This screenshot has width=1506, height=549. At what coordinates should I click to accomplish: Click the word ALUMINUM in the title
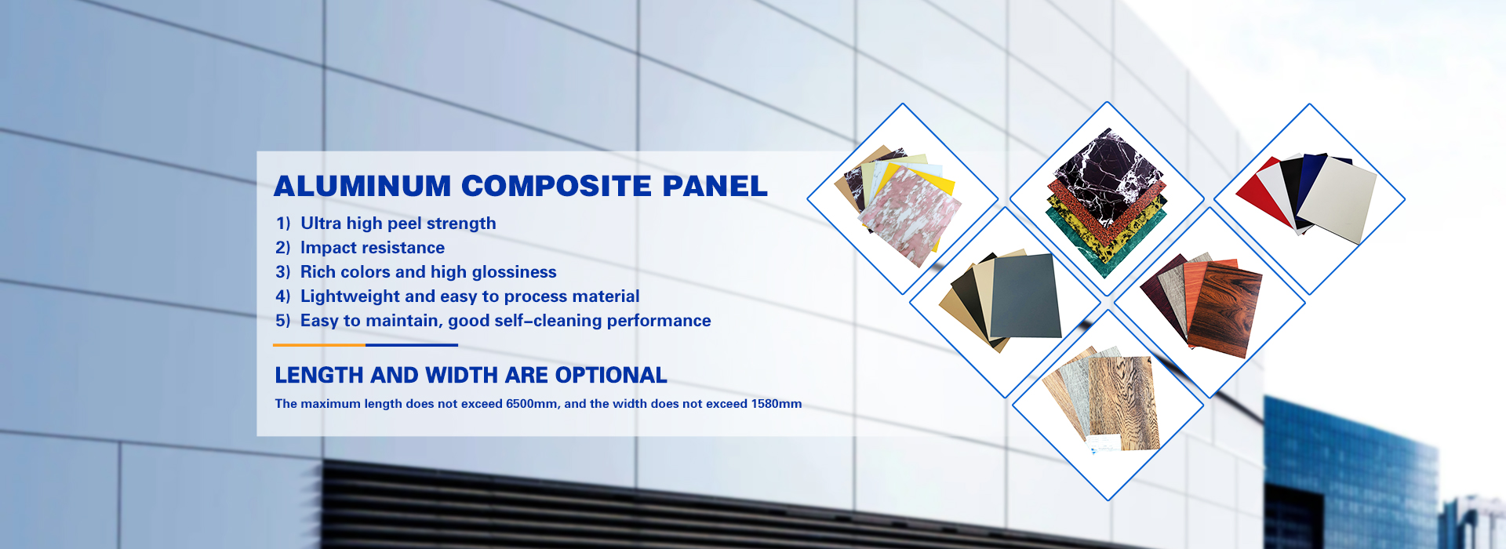362,186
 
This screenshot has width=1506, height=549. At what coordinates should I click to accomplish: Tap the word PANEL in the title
715,186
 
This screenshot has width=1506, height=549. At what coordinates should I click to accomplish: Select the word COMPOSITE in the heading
557,186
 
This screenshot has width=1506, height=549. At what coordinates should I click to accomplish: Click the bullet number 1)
283,224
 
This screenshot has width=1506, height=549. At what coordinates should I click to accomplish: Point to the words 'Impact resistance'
373,248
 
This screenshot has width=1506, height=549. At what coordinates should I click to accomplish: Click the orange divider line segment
319,345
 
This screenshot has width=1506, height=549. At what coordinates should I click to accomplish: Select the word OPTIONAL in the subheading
611,375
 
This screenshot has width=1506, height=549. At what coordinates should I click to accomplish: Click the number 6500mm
532,404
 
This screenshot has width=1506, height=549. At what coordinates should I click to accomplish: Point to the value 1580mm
777,404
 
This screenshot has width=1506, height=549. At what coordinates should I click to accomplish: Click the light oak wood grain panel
1123,403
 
